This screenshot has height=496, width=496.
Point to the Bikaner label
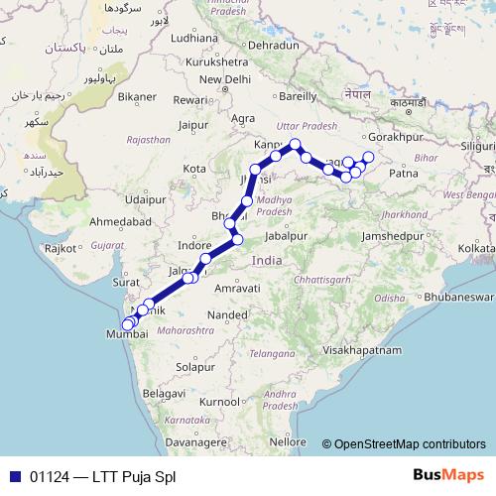(x=138, y=97)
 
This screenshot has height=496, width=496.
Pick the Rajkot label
(x=61, y=248)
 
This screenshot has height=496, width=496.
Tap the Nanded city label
(x=228, y=314)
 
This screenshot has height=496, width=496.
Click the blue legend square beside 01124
(x=15, y=476)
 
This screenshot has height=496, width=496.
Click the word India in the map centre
(x=268, y=260)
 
